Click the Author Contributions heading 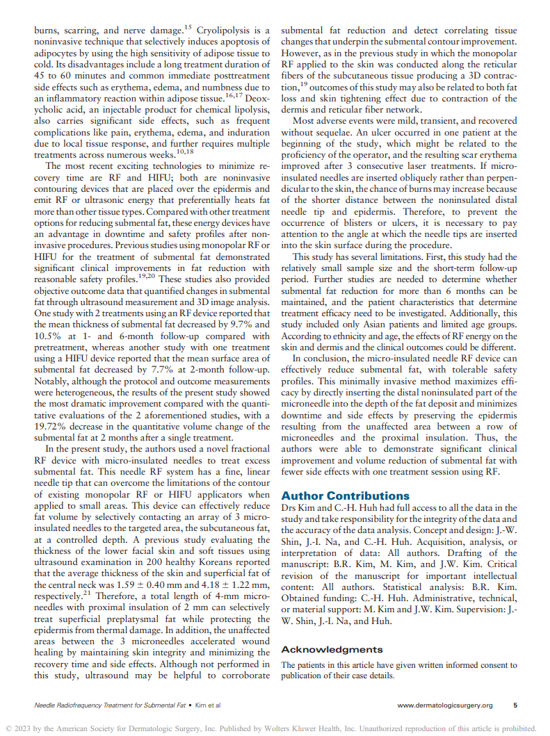pyautogui.click(x=345, y=496)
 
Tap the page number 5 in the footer pyautogui.click(x=515, y=705)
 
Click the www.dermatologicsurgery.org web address pyautogui.click(x=445, y=705)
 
